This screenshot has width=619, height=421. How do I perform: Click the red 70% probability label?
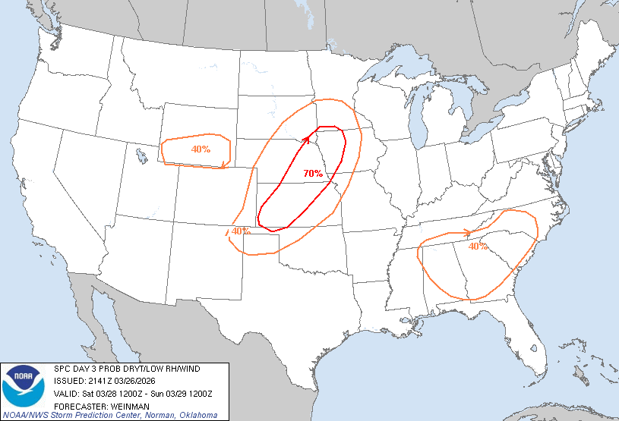(x=313, y=174)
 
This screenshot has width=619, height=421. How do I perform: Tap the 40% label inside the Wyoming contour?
(x=201, y=149)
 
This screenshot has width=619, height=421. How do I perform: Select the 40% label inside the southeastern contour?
(x=478, y=247)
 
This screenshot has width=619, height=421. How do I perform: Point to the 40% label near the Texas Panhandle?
(x=241, y=231)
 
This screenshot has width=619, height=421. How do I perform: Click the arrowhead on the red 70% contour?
(x=305, y=139)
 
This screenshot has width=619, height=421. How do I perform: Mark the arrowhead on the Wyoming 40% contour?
(x=221, y=165)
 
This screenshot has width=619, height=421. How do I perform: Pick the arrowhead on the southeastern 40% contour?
(x=469, y=232)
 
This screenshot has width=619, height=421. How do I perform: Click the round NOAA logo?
(x=24, y=385)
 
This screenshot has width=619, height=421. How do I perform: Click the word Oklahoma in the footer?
(x=197, y=416)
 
